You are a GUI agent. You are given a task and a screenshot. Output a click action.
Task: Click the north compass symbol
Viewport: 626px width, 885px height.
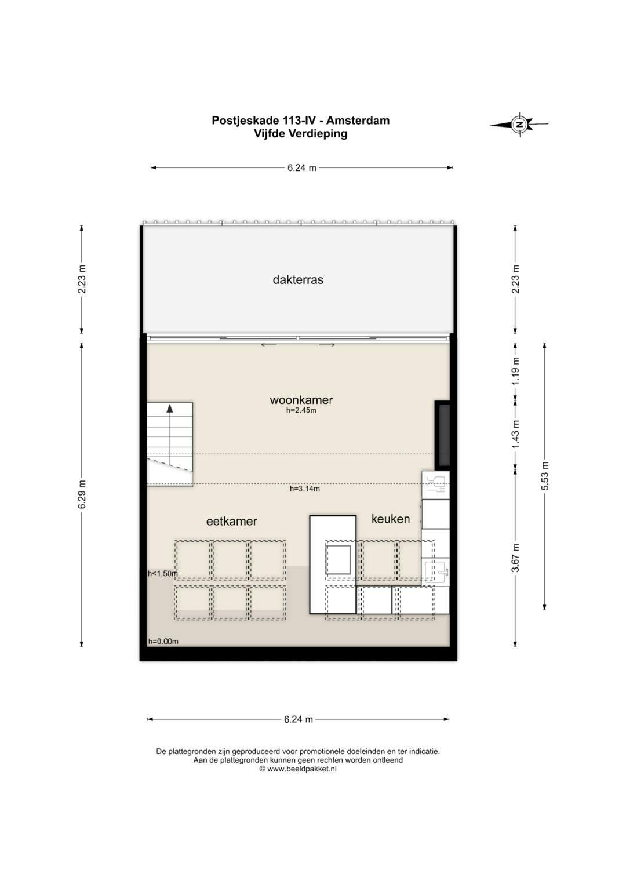[x=519, y=123]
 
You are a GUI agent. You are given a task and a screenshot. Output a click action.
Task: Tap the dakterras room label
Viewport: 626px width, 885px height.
[x=298, y=280]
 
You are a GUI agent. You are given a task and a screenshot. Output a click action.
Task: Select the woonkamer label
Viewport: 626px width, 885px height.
[x=301, y=400]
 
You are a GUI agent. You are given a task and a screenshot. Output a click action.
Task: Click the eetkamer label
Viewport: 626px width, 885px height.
[x=231, y=521]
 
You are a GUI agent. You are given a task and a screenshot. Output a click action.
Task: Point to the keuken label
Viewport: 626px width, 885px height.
[x=391, y=519]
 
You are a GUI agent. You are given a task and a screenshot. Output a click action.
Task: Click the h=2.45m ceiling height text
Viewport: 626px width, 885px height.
[x=301, y=411]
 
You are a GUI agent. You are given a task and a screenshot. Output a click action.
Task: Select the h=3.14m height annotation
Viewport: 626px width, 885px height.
[x=304, y=489]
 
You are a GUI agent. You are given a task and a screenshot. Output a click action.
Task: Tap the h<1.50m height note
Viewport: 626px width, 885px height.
[x=162, y=574]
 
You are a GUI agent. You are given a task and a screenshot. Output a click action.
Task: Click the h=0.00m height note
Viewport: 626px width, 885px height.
[x=163, y=641]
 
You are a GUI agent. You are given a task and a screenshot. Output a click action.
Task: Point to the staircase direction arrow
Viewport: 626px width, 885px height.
[x=170, y=408]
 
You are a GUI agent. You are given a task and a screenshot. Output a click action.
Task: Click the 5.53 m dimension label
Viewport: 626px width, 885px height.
[x=545, y=476]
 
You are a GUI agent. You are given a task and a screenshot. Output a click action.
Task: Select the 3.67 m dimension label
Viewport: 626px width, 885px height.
[x=515, y=558]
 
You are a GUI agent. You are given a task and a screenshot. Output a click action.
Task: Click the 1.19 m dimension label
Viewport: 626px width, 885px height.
[x=515, y=370]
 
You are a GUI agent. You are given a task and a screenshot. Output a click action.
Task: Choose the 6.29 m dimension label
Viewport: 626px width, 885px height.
[x=82, y=494]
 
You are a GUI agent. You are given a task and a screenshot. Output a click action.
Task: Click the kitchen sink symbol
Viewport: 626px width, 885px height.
[x=436, y=571]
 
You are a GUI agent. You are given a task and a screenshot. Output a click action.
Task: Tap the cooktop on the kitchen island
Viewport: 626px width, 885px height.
[x=339, y=559]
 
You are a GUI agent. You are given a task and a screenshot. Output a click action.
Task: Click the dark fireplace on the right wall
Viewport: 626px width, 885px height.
[x=443, y=435]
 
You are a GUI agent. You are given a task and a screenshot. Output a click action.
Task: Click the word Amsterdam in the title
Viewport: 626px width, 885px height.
[x=358, y=121]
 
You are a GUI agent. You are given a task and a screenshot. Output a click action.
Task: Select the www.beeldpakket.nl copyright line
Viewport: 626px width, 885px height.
[x=297, y=769]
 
